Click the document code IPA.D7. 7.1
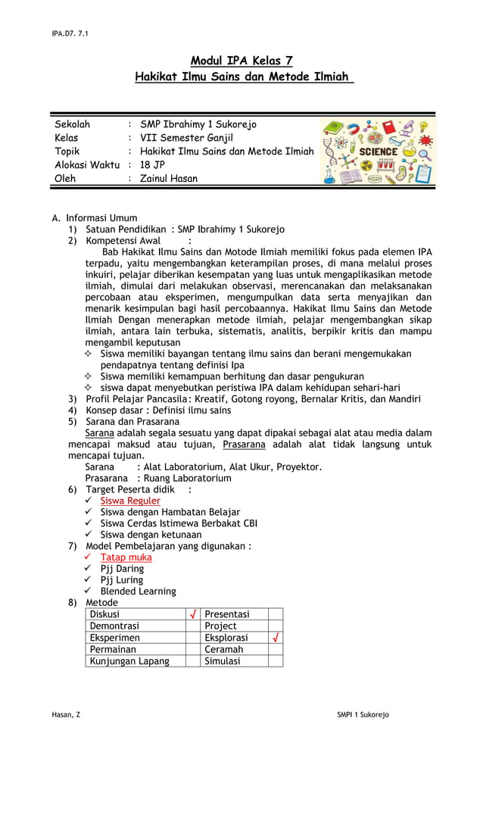coord(70,33)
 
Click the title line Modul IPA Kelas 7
coord(241,61)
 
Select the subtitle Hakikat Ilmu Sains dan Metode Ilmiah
coord(243,76)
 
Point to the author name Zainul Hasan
coord(169,179)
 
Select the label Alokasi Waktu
coord(87,165)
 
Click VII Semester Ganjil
coord(187,138)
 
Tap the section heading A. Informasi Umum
coord(95,218)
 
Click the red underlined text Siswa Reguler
coord(130,501)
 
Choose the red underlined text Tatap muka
coord(126,557)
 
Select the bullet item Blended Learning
coord(138,592)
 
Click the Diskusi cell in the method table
coord(105,614)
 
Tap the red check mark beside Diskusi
coord(193,614)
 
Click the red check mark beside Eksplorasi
coord(276,638)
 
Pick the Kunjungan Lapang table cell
coord(129,661)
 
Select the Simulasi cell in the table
coord(223,661)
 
